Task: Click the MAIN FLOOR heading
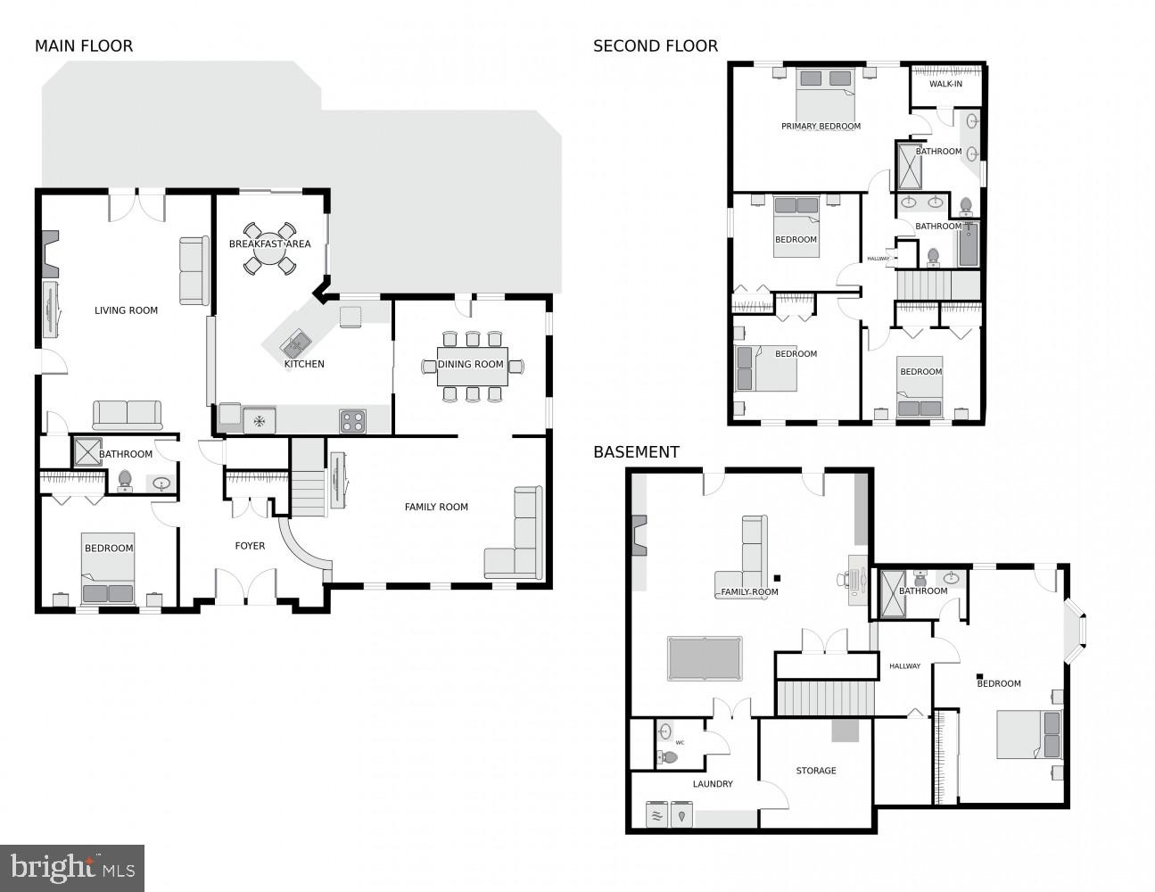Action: pyautogui.click(x=84, y=46)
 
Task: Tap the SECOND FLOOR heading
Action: pyautogui.click(x=655, y=46)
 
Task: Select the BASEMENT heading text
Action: pyautogui.click(x=636, y=452)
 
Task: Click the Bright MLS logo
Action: pyautogui.click(x=72, y=867)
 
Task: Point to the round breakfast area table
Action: pyautogui.click(x=269, y=249)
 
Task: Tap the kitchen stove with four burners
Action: pyautogui.click(x=352, y=421)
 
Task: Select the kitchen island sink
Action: pyautogui.click(x=296, y=342)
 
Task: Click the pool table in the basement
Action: pyautogui.click(x=705, y=658)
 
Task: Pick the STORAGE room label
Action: pyautogui.click(x=816, y=771)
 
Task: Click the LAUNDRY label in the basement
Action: pyautogui.click(x=713, y=784)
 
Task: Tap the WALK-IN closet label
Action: pyautogui.click(x=945, y=84)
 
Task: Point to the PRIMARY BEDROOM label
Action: pyautogui.click(x=821, y=126)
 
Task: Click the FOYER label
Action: pyautogui.click(x=250, y=546)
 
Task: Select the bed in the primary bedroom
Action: pyautogui.click(x=825, y=94)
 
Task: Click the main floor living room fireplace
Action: pyautogui.click(x=51, y=255)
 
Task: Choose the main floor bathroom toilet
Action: pyautogui.click(x=125, y=482)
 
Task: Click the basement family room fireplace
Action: pyautogui.click(x=639, y=535)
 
